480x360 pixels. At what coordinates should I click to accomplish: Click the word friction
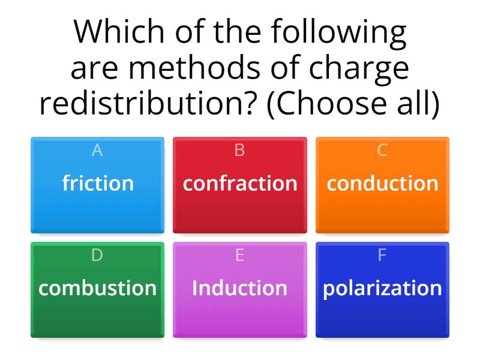97,183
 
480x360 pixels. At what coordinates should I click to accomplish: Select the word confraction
240,183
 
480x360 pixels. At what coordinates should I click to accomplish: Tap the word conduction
382,183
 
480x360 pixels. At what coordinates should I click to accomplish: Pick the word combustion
97,287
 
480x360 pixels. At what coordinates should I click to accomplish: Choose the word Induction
239,287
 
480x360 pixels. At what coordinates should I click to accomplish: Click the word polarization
382,287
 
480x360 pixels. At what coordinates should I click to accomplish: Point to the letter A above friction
97,151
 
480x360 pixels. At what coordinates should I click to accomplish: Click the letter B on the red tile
239,151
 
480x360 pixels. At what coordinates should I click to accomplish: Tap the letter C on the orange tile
382,151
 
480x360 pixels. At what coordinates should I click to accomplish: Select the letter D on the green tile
97,255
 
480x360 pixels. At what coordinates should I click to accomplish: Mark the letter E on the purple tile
239,255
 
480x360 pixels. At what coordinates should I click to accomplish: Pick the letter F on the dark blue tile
382,255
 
